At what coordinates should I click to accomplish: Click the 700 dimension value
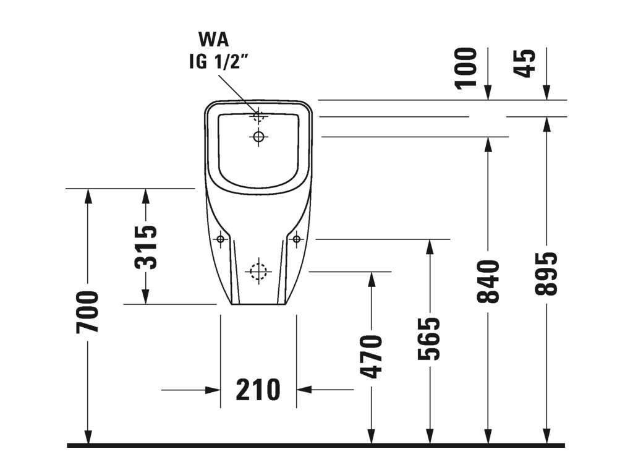87,312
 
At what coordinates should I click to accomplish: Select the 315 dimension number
146,247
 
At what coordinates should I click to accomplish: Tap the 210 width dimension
258,390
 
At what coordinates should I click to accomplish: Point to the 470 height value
372,357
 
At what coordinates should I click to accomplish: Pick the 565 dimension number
429,339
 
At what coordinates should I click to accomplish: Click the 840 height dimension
488,281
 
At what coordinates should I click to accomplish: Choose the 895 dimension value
546,273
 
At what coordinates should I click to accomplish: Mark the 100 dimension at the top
465,68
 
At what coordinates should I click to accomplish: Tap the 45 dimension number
524,62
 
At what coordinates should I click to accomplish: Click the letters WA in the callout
213,40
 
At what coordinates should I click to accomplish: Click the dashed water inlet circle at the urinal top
258,116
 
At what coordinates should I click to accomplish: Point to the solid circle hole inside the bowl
258,137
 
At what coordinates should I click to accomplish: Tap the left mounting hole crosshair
221,239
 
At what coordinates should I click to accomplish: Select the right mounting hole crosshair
296,239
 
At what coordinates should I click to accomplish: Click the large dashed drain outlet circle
258,272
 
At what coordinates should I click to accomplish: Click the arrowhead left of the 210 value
213,390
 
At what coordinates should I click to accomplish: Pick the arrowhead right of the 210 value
304,390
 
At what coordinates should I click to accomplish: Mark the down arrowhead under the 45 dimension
546,93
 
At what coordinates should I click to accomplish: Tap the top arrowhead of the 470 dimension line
372,280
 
